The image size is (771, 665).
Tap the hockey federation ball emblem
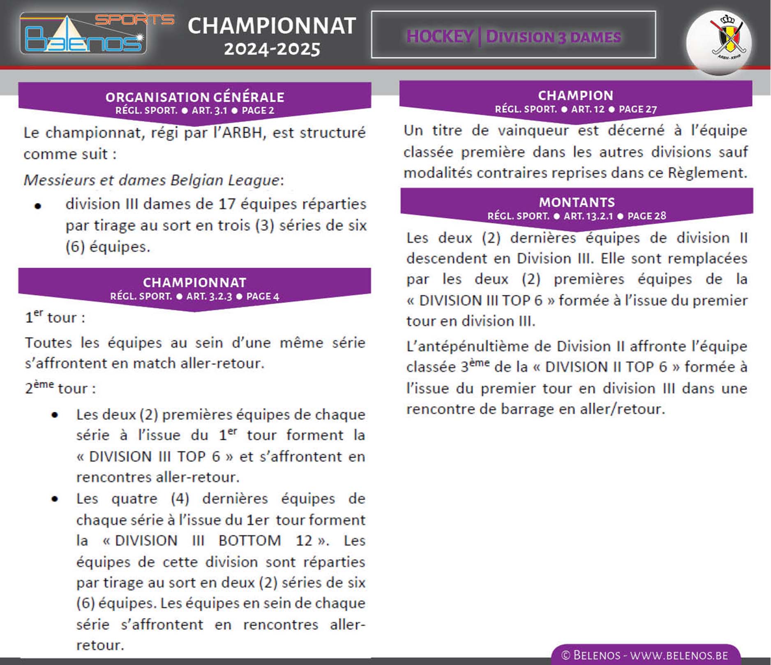pos(719,42)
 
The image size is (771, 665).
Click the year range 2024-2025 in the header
pos(272,49)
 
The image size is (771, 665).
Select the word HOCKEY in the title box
pos(439,37)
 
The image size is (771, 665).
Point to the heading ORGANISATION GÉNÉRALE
pos(195,97)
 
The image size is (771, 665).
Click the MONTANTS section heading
pos(577,202)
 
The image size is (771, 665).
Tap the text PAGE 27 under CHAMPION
pos(638,109)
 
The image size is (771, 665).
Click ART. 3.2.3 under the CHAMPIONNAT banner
pos(209,296)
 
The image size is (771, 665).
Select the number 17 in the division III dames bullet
pos(227,204)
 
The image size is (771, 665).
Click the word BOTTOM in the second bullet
pos(249,540)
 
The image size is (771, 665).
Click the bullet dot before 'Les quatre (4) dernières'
pos(55,499)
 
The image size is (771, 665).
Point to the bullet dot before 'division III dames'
pos(38,206)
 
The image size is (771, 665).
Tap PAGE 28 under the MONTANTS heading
pos(646,216)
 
